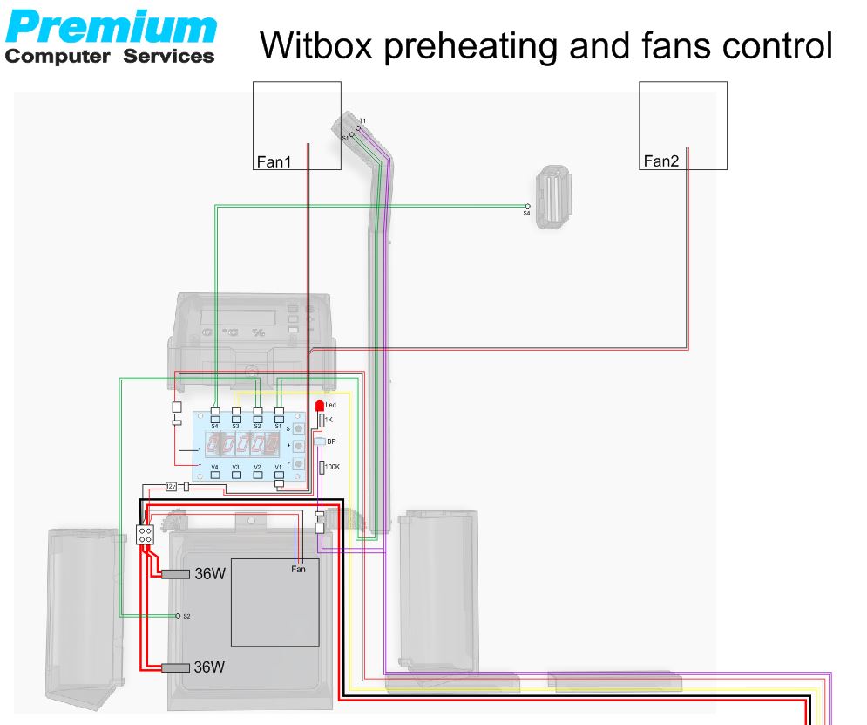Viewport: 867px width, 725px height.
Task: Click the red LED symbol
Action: tap(320, 407)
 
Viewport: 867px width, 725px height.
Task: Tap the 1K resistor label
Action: tap(328, 421)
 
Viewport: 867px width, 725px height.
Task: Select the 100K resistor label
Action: tap(332, 468)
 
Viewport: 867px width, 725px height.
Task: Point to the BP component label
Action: tap(331, 442)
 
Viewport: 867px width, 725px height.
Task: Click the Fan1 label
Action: tap(274, 161)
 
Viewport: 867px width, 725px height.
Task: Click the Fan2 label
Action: tap(660, 161)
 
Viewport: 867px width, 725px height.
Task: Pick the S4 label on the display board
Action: tap(214, 426)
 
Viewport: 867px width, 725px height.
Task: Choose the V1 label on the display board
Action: tap(279, 468)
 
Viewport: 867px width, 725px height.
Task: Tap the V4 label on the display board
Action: tap(214, 468)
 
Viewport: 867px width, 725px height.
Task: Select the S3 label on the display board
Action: tap(236, 426)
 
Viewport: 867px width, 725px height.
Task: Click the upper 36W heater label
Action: tap(209, 575)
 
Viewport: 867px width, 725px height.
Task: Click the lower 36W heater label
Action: tap(209, 667)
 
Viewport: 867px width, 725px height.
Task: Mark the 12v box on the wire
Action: tap(171, 486)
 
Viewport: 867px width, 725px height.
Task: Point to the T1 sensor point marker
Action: tap(358, 127)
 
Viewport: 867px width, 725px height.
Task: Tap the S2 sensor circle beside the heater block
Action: tap(178, 616)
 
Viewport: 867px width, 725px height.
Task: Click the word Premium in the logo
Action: tap(111, 28)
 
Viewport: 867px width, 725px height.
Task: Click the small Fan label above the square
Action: tap(298, 569)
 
